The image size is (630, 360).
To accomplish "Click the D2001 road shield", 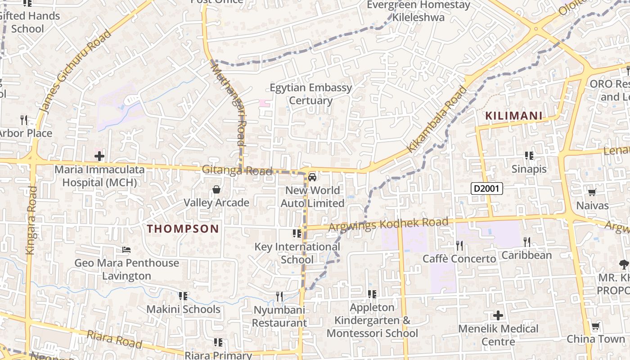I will click(487, 189).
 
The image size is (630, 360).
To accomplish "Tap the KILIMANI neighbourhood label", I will click(514, 116).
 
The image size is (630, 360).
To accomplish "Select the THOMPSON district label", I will click(183, 229).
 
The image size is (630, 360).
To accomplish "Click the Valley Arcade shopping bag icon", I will click(216, 190).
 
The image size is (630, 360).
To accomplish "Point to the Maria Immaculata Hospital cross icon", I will click(99, 156).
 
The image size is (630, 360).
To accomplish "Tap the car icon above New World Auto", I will click(312, 177).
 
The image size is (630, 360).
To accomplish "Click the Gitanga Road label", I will click(237, 171).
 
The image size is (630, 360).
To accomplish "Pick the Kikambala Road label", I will click(437, 119).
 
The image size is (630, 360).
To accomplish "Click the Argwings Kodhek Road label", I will click(388, 224).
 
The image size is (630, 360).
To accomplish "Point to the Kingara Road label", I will click(31, 220).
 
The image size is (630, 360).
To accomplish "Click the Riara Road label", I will click(114, 339).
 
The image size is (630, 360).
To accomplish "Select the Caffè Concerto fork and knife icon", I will click(459, 245).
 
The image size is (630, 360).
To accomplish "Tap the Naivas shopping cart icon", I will click(592, 193).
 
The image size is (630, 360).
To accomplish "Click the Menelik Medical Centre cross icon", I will click(498, 315).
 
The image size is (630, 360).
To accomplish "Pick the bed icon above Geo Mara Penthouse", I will click(126, 250).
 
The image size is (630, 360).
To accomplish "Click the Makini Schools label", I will click(183, 309).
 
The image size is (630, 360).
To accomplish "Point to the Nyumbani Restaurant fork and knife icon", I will click(279, 296).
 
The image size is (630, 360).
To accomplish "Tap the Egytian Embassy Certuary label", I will click(310, 94).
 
